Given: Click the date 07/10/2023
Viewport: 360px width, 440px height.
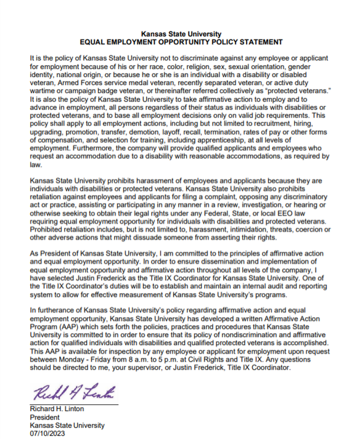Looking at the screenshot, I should [x=47, y=433].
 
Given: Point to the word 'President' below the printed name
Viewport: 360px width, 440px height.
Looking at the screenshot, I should [x=45, y=417].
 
